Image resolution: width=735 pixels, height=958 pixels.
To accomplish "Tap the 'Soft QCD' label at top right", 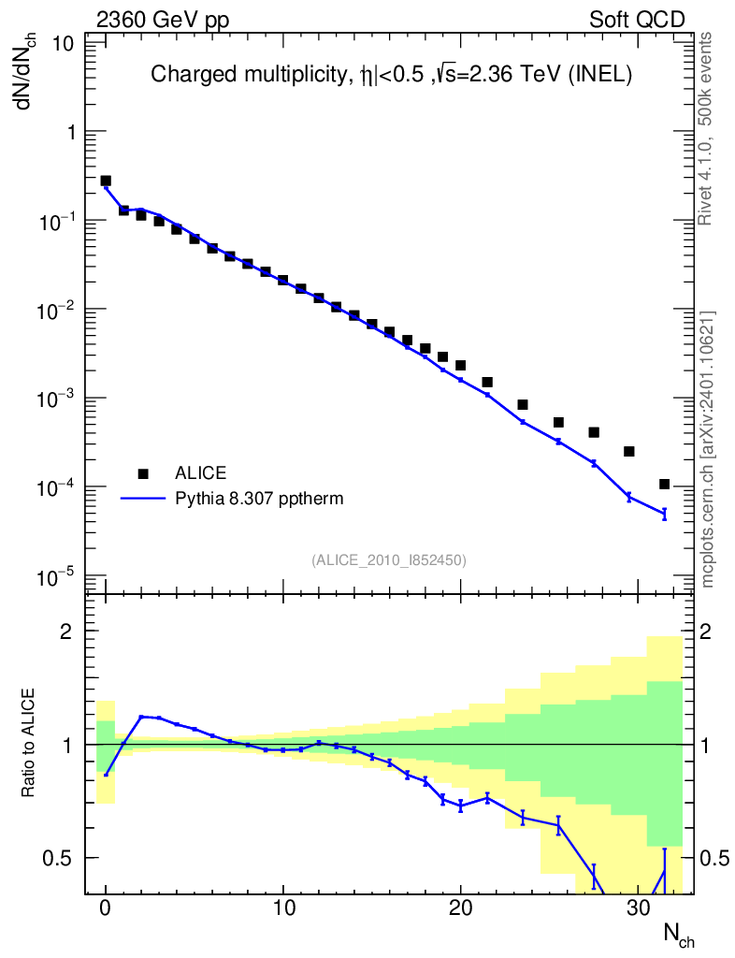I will (x=638, y=20).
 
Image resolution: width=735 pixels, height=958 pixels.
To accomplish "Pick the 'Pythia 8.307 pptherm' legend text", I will (x=259, y=499).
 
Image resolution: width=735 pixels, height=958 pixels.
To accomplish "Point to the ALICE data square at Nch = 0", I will (x=106, y=181).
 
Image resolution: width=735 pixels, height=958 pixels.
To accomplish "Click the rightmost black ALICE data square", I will (x=664, y=484).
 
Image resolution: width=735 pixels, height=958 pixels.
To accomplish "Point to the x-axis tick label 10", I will (x=282, y=907).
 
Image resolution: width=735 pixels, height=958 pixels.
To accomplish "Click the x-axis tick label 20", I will (x=460, y=907).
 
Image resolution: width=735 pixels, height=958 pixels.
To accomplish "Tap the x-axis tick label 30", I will (x=638, y=907).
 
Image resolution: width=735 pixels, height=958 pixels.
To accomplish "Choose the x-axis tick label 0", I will (x=106, y=907).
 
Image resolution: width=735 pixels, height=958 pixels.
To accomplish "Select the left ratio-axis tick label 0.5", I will (x=65, y=858).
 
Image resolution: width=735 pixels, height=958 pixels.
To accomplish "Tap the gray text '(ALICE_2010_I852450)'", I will (x=389, y=559).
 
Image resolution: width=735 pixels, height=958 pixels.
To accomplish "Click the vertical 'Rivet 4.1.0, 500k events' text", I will (x=707, y=128).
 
